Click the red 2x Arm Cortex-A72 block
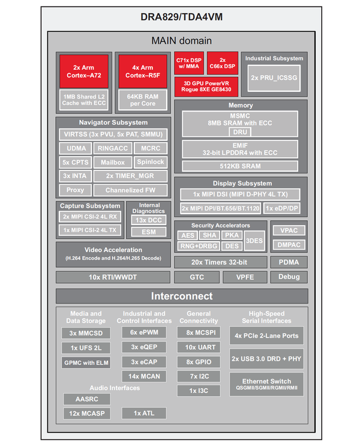click(x=83, y=71)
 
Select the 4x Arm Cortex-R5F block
click(x=139, y=71)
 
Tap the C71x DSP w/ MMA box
click(x=188, y=64)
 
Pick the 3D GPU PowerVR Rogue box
click(x=206, y=87)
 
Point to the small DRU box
click(x=240, y=132)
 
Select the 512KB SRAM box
click(x=240, y=166)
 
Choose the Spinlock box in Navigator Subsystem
click(x=149, y=162)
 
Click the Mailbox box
click(x=112, y=162)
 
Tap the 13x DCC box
click(x=144, y=220)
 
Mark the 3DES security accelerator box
click(x=254, y=240)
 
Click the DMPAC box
click(x=289, y=245)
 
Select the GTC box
click(x=196, y=277)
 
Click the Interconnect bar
click(x=181, y=296)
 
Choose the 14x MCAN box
click(x=143, y=377)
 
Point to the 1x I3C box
click(x=199, y=391)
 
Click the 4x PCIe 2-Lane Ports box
click(x=266, y=335)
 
